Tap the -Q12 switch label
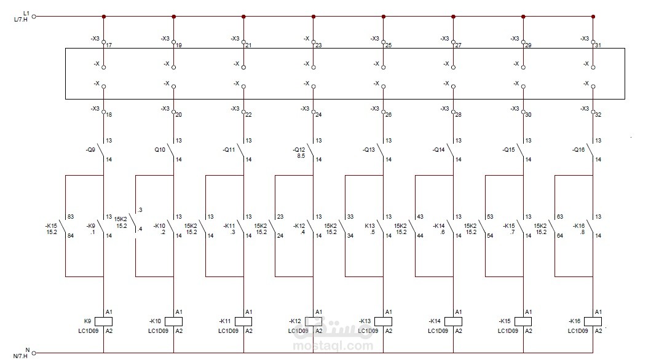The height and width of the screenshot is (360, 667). (x=299, y=149)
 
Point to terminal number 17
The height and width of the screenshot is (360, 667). (x=109, y=45)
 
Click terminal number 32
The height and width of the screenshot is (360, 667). (x=598, y=114)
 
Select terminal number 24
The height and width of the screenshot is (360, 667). (x=318, y=114)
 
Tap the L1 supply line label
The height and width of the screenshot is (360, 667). (x=25, y=12)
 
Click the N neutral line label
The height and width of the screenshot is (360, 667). (x=27, y=350)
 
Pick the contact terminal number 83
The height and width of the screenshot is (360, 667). (x=70, y=216)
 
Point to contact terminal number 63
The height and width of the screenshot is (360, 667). (x=559, y=216)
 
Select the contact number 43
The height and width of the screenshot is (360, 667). (x=419, y=216)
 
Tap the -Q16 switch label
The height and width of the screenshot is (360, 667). (x=578, y=149)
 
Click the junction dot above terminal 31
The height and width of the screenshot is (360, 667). (x=593, y=17)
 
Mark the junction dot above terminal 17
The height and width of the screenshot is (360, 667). (x=103, y=17)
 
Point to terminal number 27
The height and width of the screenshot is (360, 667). (x=459, y=45)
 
